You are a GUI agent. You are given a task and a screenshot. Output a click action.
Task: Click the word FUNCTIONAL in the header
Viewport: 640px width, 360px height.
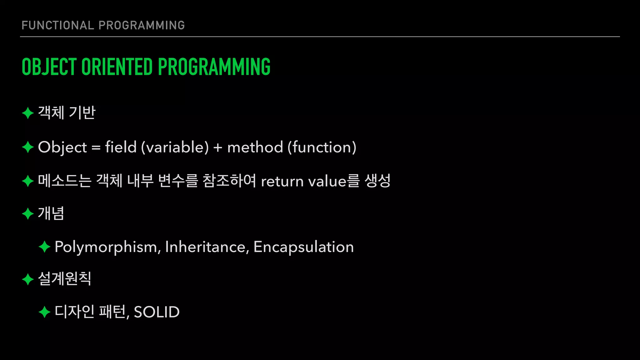coord(57,25)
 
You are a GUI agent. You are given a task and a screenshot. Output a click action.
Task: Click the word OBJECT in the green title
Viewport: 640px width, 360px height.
coord(49,67)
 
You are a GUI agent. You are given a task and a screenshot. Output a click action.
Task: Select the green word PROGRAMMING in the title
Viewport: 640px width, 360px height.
coord(214,67)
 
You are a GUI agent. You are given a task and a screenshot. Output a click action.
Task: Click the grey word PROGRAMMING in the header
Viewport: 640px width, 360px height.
coord(142,25)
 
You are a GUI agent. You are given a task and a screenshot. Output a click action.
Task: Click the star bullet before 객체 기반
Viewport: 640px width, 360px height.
coord(28,113)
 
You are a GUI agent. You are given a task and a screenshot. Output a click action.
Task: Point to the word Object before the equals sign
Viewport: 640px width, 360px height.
coord(62,147)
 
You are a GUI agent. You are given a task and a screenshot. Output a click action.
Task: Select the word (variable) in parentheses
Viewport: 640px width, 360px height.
coord(175,147)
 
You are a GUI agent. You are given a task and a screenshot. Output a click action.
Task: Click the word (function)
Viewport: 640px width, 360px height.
coord(322,147)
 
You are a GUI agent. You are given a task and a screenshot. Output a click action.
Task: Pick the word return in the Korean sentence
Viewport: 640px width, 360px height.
coord(282,182)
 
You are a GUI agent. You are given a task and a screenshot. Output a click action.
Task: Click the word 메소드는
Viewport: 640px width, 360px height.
coord(64,181)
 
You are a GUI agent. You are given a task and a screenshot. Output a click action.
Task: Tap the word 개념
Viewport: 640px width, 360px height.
coord(51,214)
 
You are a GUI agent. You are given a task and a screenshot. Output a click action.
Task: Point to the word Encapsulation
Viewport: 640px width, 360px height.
coord(303,247)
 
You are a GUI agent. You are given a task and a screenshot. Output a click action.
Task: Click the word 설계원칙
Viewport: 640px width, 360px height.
coord(64,279)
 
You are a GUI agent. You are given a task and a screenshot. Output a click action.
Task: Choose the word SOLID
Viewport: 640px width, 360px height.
coord(157,312)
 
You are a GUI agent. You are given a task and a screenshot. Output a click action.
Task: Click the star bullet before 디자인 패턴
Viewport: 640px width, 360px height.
coord(44,312)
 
